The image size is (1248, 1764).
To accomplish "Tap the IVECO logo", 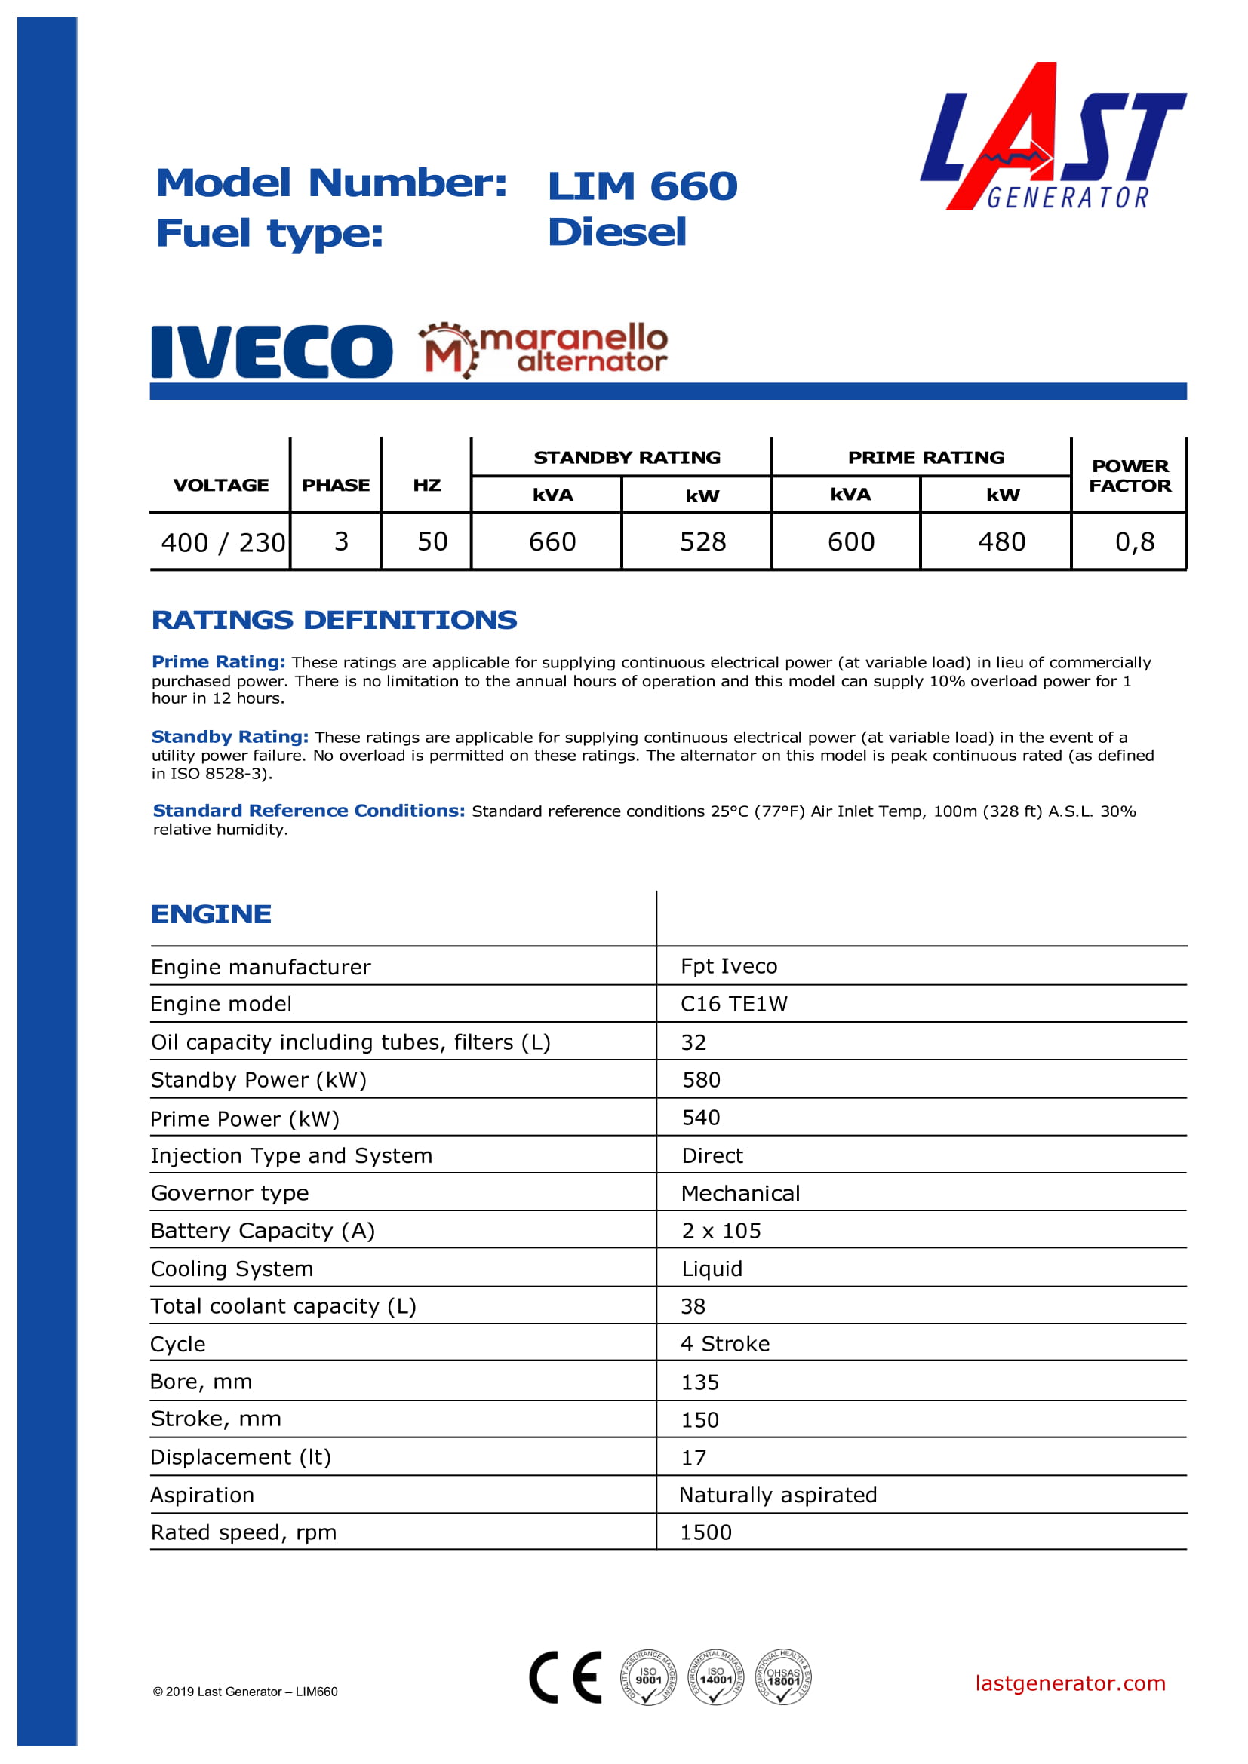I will tap(272, 352).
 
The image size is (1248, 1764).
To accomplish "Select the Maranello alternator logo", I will tap(543, 351).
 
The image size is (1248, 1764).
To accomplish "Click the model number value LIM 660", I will tap(642, 186).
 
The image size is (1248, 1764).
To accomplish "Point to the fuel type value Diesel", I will tap(617, 232).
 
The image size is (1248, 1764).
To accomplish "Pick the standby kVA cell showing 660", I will tap(552, 541).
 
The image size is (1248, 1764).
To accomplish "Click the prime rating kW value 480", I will tap(1001, 541).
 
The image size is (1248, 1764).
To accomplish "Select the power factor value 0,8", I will tap(1134, 541).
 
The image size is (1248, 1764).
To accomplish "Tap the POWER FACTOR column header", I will tap(1130, 476).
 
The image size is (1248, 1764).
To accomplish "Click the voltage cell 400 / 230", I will tap(223, 542).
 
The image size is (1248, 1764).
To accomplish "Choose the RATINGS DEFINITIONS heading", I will tap(334, 620).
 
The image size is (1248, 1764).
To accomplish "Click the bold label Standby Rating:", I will tap(230, 736).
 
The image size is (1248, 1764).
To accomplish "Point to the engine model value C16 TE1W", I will tap(734, 1003).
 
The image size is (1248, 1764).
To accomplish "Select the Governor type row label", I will tap(230, 1192).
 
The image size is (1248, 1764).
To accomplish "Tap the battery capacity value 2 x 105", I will tap(721, 1230).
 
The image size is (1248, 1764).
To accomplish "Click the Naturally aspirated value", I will tap(778, 1494).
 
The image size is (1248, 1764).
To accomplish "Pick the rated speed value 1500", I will tap(705, 1532).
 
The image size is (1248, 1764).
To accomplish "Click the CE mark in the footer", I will tap(566, 1677).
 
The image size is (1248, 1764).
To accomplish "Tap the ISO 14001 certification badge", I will tap(715, 1677).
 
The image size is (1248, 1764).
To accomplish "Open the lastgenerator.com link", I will tap(1070, 1683).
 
